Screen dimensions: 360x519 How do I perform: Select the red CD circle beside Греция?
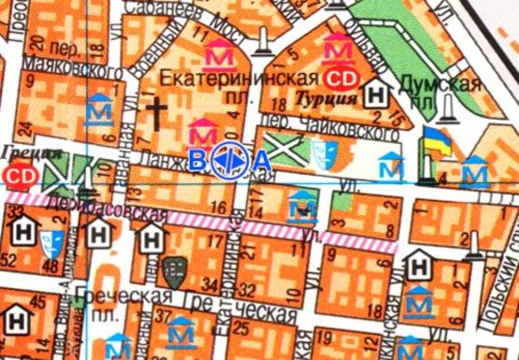click(20, 174)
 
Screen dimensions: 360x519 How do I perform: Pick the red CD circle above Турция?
click(346, 76)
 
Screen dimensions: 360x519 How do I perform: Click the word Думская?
click(440, 84)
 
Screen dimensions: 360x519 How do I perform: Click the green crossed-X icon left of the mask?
click(281, 148)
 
